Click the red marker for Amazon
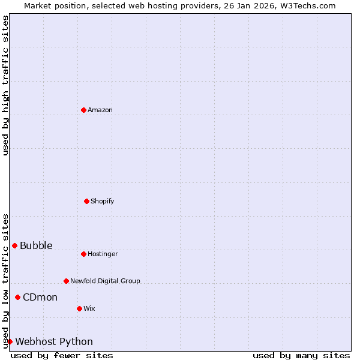83,110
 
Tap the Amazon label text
100,110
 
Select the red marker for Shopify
86,201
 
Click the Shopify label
103,201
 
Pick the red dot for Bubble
14,245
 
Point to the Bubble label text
36,245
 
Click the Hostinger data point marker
83,254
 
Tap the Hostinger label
103,254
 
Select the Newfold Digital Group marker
66,281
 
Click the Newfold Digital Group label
105,281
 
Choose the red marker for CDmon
17,297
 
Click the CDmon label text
40,297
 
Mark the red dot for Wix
79,308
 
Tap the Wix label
89,308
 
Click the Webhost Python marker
10,341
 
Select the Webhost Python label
54,341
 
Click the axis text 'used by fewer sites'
62,355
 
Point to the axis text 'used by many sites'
301,355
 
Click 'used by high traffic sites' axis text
5,85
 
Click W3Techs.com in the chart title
310,5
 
